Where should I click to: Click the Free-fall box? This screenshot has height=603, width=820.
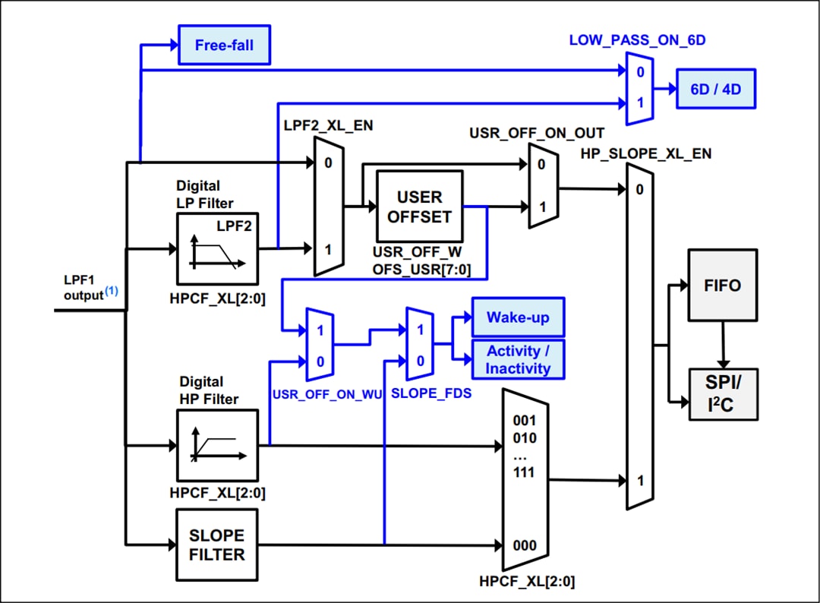pyautogui.click(x=224, y=45)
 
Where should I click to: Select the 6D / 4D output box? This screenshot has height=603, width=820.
pyautogui.click(x=715, y=89)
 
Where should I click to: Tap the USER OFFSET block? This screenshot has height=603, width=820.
pyautogui.click(x=420, y=207)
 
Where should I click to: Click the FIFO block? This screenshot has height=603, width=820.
pyautogui.click(x=722, y=284)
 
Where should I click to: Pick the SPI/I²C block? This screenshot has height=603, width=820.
pyautogui.click(x=722, y=393)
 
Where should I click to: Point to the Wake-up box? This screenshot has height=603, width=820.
pyautogui.click(x=518, y=317)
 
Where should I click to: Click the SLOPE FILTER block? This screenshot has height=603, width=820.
pyautogui.click(x=217, y=544)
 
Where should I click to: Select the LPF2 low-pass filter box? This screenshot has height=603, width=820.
pyautogui.click(x=217, y=248)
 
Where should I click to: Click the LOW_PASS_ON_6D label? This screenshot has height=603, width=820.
pyautogui.click(x=637, y=39)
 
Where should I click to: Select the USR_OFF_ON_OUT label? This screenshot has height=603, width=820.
pyautogui.click(x=537, y=134)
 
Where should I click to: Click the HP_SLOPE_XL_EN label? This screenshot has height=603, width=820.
pyautogui.click(x=646, y=153)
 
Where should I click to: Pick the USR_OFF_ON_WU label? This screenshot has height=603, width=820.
pyautogui.click(x=326, y=393)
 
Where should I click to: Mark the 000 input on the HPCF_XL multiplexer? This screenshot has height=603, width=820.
pyautogui.click(x=524, y=545)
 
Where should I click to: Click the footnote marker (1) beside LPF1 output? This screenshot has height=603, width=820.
pyautogui.click(x=112, y=290)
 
